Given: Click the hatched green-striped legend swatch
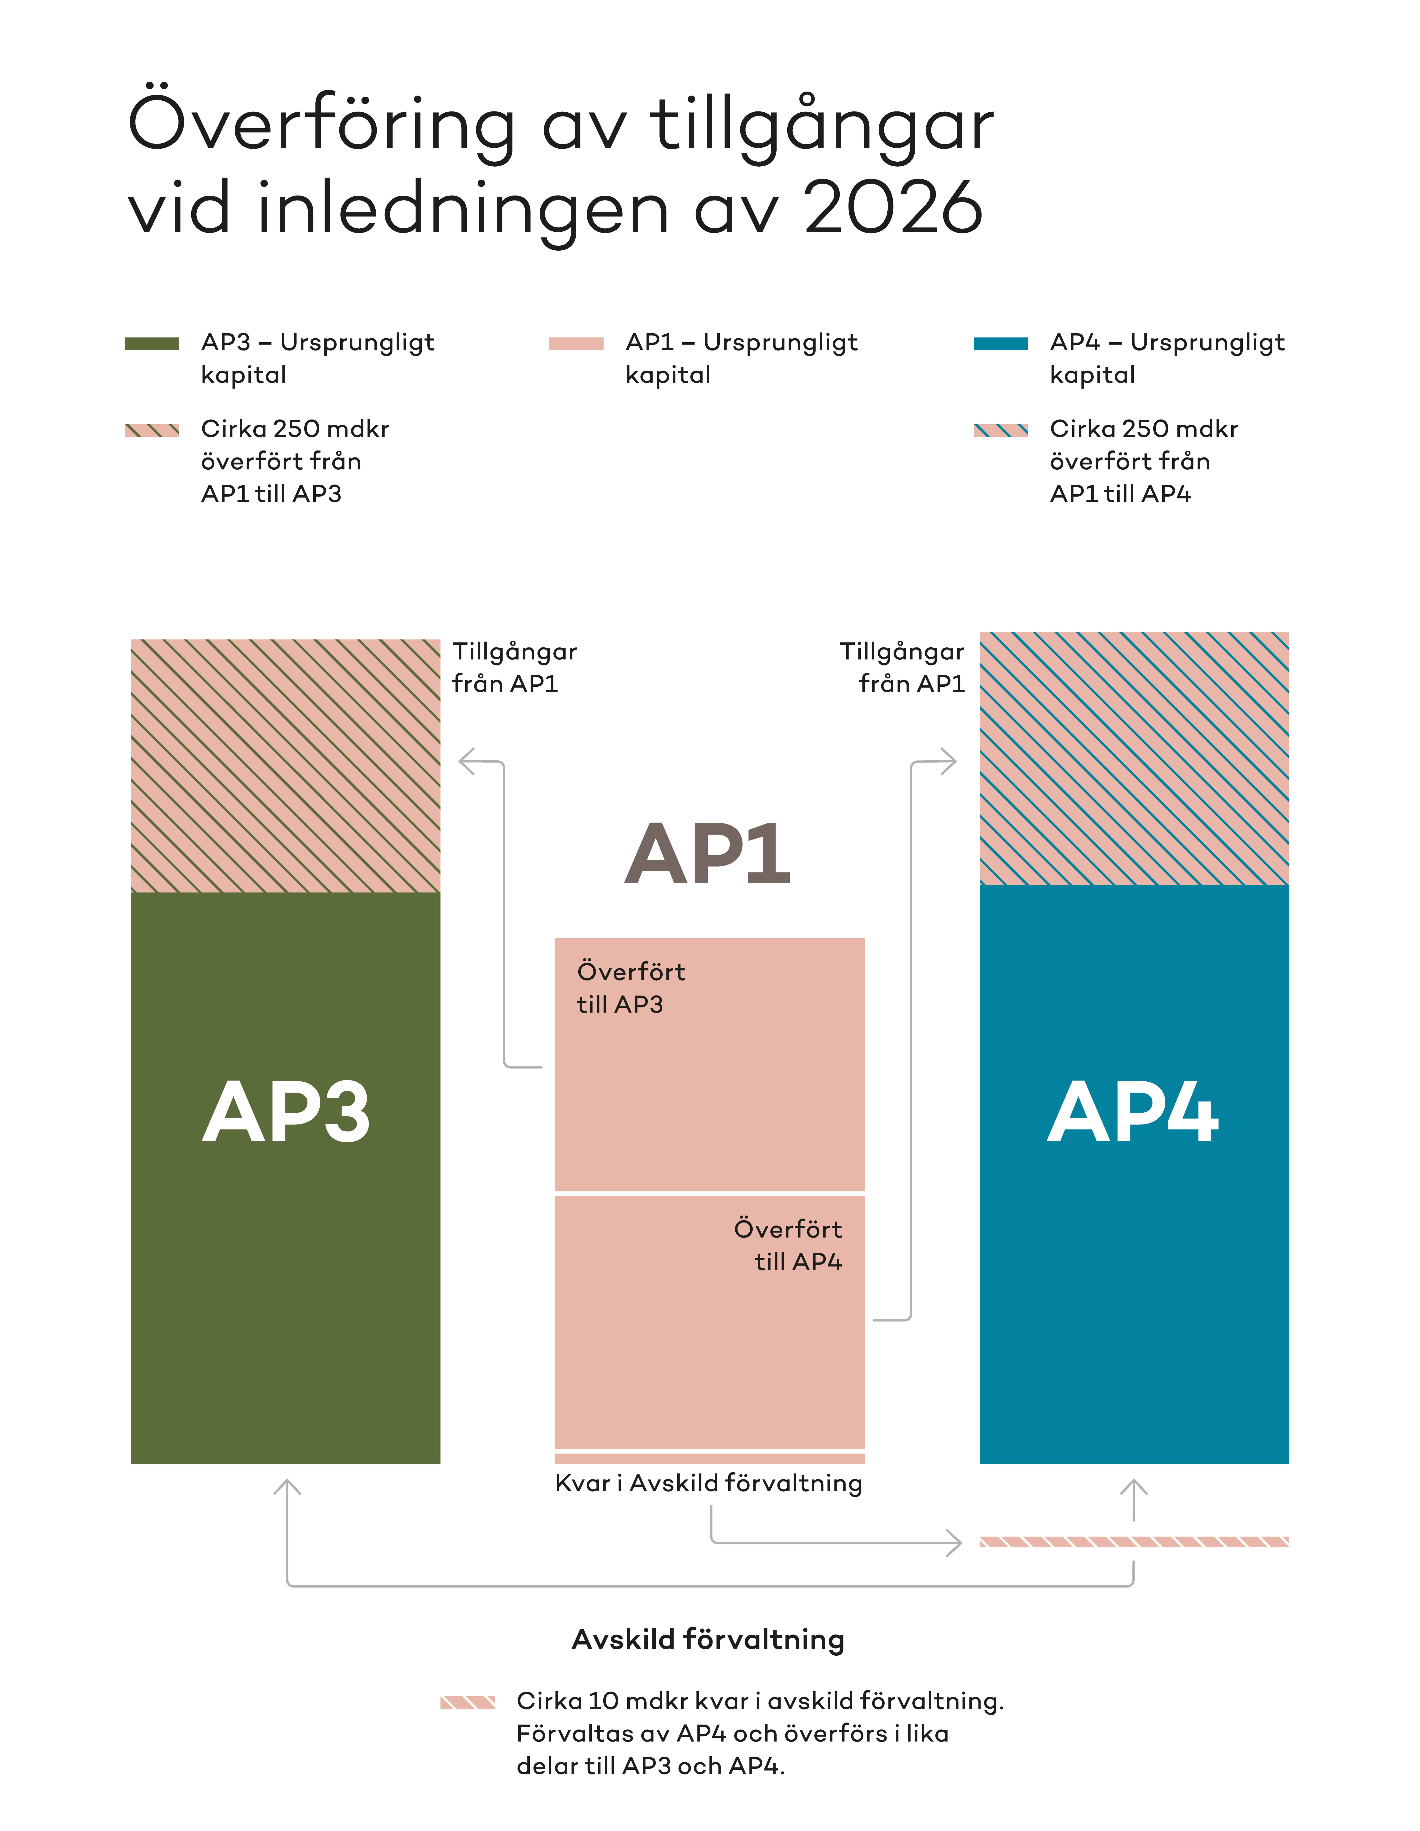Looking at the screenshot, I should click(152, 430).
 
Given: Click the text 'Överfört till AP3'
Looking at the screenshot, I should click(630, 988).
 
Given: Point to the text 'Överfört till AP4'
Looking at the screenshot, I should click(788, 1245).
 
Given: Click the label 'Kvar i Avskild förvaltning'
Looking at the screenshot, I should click(708, 1483).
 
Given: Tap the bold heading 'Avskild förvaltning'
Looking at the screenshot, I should click(708, 1639).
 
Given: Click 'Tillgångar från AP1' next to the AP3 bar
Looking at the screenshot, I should click(514, 667).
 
